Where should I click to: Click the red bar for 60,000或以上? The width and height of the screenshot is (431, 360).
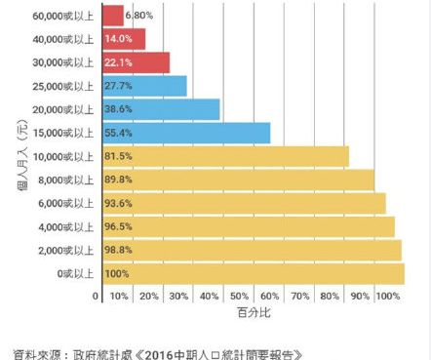pos(112,16)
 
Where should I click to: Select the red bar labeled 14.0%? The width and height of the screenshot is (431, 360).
pos(123,39)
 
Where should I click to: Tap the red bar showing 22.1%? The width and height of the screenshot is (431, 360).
pos(136,62)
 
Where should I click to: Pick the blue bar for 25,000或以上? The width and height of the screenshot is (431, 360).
pos(144,86)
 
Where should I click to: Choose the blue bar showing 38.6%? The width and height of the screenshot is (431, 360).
pos(161,109)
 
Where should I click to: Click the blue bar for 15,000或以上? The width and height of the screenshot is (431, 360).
pos(185,133)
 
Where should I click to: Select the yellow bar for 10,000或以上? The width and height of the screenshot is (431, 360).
pos(225,156)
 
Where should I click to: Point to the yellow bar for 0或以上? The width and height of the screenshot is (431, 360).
pos(253,273)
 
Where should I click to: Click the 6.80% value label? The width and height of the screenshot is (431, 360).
pos(139,16)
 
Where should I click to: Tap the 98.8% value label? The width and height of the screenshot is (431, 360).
pos(117,251)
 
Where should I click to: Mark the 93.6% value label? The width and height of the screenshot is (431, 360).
pos(117,203)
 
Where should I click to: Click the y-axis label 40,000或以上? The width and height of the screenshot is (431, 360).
pos(63,39)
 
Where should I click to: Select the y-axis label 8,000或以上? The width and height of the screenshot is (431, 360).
pos(66,180)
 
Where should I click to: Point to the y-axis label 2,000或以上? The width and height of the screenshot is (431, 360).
pos(66,251)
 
